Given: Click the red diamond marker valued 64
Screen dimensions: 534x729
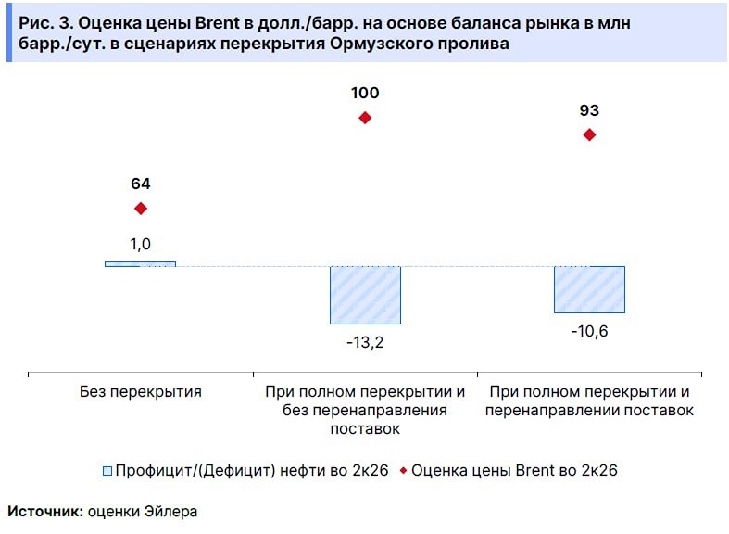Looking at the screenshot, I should click(x=141, y=209).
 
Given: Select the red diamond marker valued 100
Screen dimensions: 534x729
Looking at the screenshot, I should click(x=365, y=118).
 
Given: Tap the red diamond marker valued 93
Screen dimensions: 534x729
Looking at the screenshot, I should click(x=589, y=134).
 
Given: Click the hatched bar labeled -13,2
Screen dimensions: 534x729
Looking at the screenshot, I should click(x=365, y=295).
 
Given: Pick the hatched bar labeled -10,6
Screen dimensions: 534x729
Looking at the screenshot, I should click(x=589, y=289).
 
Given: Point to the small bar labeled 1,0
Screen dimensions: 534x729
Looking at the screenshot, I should click(x=141, y=264).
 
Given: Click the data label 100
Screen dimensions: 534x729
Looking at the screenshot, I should click(x=365, y=93).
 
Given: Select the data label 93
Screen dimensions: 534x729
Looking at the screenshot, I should click(x=589, y=110).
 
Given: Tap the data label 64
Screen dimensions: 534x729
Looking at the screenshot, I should click(x=141, y=184).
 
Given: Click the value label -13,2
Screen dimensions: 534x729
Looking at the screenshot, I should click(x=365, y=342).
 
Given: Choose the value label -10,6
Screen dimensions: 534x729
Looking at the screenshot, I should click(x=589, y=331).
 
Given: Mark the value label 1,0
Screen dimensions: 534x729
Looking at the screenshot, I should click(x=141, y=244).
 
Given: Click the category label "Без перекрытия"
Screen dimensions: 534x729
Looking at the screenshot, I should click(x=141, y=391).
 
